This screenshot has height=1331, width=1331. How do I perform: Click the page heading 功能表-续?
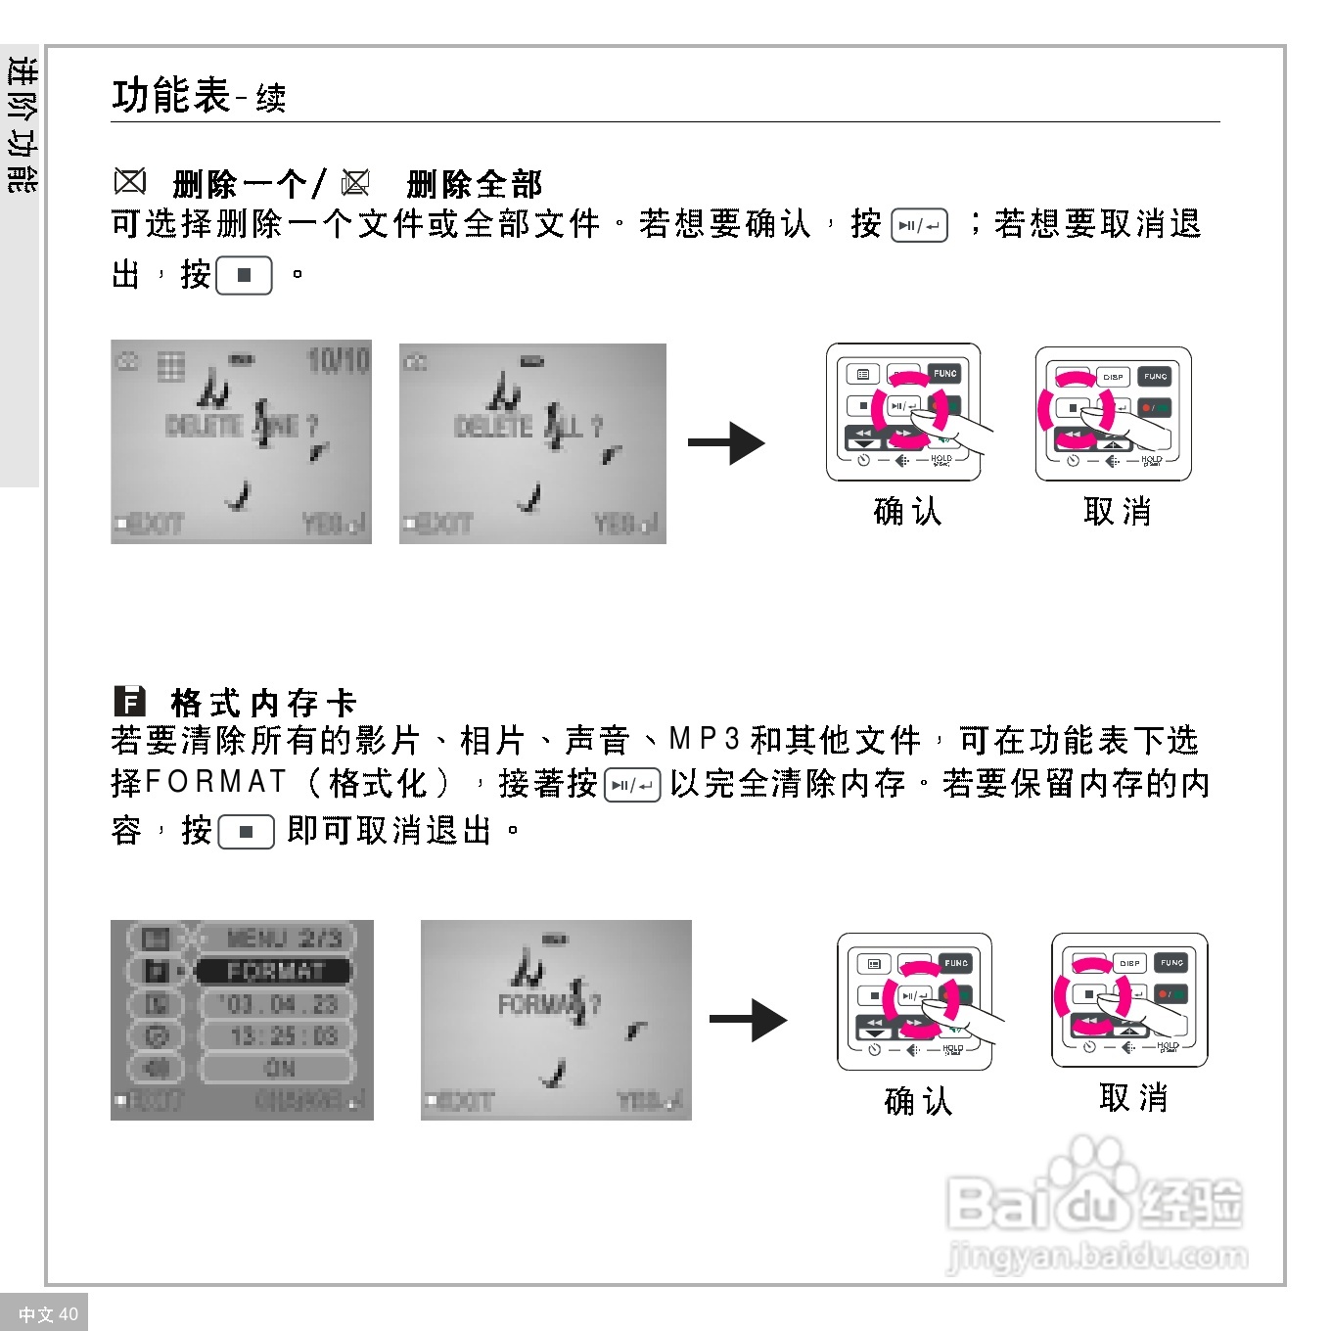tap(199, 96)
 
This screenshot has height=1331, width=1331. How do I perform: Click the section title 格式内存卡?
tap(263, 703)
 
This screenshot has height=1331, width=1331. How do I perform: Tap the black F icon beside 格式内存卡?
tap(129, 702)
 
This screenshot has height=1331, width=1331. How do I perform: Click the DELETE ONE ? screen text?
tap(242, 426)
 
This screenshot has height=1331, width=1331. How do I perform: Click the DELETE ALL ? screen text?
tap(529, 427)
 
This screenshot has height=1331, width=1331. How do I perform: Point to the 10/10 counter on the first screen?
tap(338, 361)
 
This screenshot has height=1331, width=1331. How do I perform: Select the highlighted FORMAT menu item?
tap(274, 971)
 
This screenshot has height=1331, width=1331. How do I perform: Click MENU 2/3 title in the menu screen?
tap(284, 938)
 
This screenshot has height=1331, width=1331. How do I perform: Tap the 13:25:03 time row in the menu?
tap(283, 1035)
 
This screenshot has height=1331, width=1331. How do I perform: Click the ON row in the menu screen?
tap(280, 1068)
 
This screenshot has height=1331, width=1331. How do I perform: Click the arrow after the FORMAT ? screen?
tap(748, 1020)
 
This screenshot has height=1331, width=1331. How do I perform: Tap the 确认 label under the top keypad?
tap(907, 511)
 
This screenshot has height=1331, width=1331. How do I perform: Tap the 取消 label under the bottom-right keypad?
tap(1133, 1098)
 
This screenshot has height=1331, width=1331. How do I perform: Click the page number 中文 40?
tap(48, 1314)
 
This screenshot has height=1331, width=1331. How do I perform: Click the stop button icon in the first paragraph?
tap(244, 275)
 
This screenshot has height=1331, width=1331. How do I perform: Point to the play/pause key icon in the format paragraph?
tap(632, 785)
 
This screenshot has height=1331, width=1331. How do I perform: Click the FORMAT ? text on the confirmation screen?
tap(549, 1004)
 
